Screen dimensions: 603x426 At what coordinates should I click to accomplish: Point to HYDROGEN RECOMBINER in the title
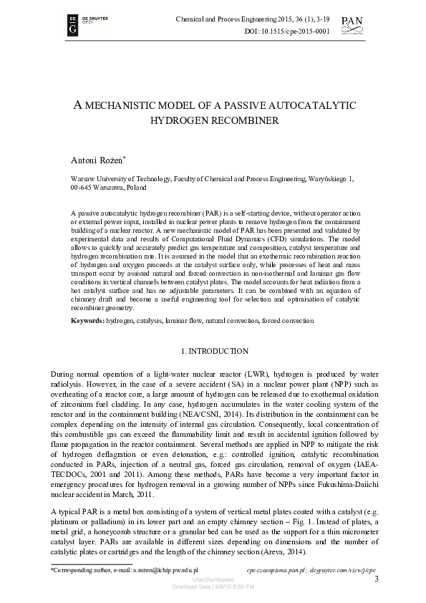pos(213,121)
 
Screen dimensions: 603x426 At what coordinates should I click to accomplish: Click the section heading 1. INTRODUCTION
pos(213,351)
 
